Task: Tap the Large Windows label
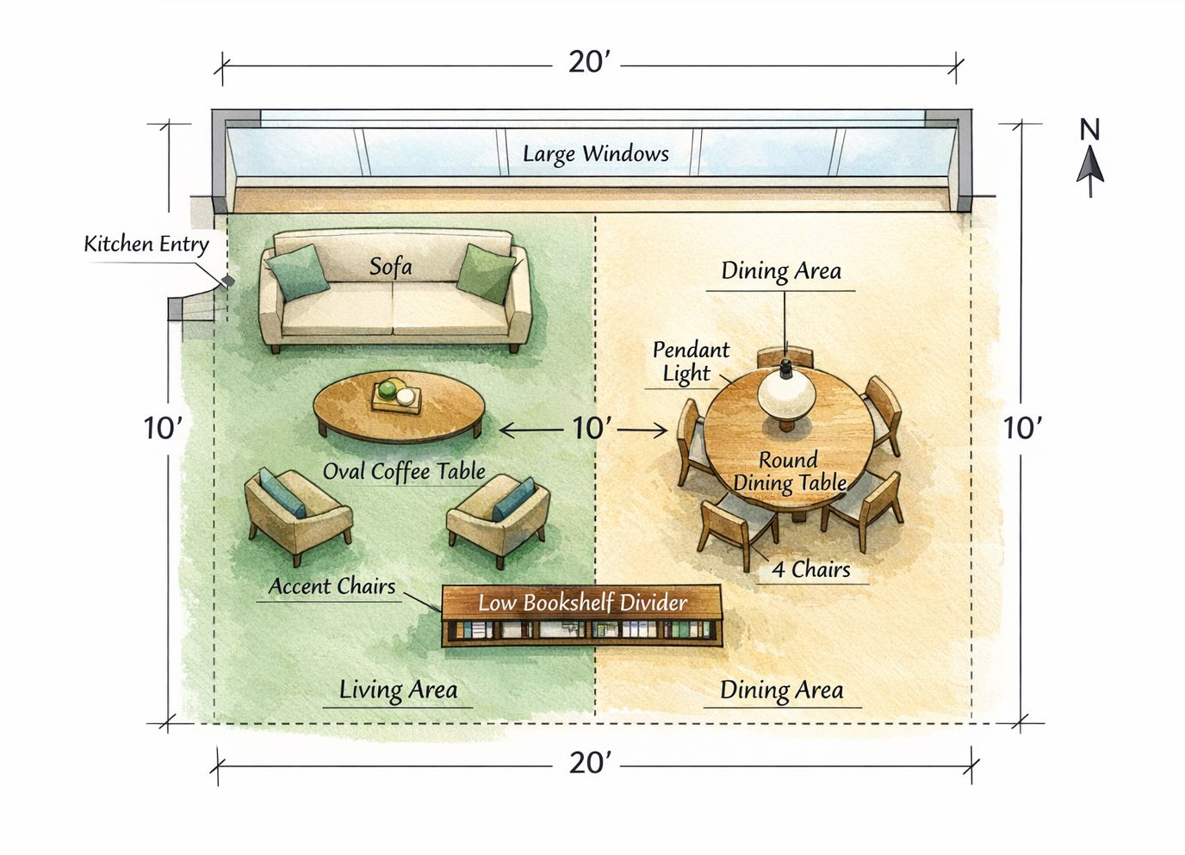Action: tap(595, 154)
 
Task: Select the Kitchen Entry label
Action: tap(146, 244)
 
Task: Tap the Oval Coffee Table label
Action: tap(404, 472)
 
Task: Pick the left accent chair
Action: tap(295, 514)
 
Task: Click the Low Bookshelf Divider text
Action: tap(582, 603)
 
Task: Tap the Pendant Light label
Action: tap(690, 362)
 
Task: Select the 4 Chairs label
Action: tap(810, 570)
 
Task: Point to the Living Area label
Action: tap(398, 691)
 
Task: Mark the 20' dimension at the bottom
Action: tap(590, 762)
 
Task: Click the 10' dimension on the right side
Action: tap(1023, 428)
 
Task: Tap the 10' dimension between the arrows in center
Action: tap(592, 428)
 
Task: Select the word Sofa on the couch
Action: tap(390, 267)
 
